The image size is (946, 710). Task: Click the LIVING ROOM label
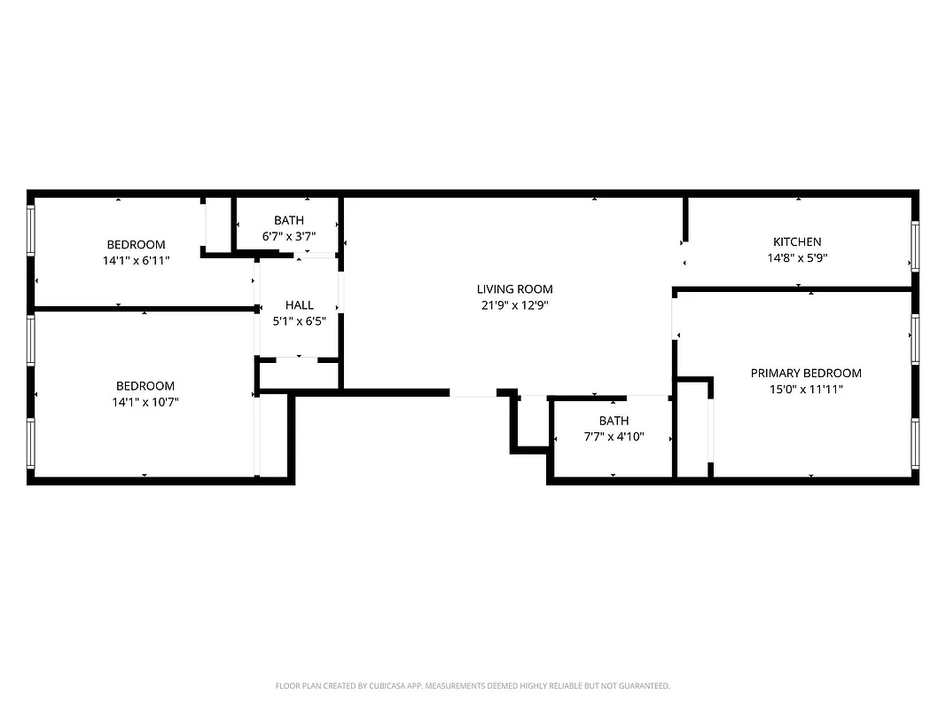[x=514, y=288]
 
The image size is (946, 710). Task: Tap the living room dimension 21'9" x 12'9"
[x=514, y=304]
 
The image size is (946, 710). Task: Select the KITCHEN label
[x=797, y=241]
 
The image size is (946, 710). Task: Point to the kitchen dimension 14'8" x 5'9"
[x=797, y=257]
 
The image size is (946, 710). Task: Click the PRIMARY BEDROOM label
[x=806, y=373]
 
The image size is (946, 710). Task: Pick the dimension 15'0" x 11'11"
[x=806, y=389]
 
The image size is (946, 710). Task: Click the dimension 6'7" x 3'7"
[x=288, y=236]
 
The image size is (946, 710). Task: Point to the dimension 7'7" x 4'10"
[x=614, y=437]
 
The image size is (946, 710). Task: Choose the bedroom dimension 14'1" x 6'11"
[x=136, y=261]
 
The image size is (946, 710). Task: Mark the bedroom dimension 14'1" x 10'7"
[x=145, y=402]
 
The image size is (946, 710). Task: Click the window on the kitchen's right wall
[x=916, y=245]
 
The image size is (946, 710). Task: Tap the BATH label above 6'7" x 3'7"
[x=288, y=220]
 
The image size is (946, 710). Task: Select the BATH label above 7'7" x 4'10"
[x=614, y=421]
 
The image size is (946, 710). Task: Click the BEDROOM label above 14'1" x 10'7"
[x=145, y=386]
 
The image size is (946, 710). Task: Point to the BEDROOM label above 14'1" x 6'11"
[x=136, y=245]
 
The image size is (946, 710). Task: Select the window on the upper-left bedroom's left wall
[x=31, y=230]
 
